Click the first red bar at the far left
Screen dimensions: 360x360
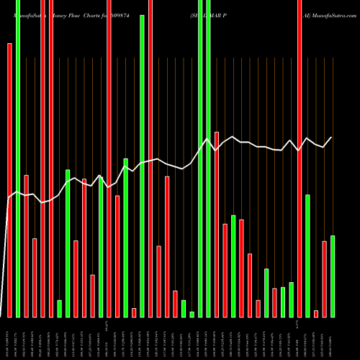9,180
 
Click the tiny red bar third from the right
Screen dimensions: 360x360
316,313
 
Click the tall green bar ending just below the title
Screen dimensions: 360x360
143,166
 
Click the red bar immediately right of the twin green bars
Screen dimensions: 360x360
217,224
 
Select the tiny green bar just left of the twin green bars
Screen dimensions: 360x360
192,314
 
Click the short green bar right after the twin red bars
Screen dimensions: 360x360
60,308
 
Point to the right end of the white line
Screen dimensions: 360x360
332,137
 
